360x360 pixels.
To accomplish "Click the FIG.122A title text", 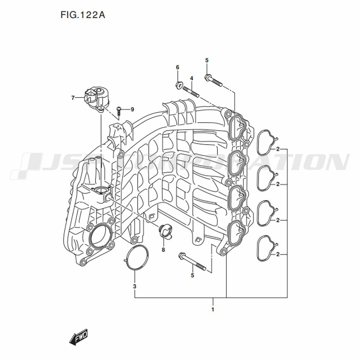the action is click(83, 15).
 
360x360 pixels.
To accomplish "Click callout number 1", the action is click(213, 309).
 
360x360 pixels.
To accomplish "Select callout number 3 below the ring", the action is click(135, 286).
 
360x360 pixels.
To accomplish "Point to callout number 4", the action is click(192, 78).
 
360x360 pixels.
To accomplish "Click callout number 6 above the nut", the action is click(177, 67).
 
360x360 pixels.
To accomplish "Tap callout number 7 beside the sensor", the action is click(73, 98).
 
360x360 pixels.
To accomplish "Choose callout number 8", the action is click(163, 249).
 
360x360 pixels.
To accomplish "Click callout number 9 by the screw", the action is click(132, 109).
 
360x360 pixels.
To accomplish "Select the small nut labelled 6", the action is click(179, 85).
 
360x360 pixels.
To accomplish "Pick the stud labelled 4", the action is click(191, 91).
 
